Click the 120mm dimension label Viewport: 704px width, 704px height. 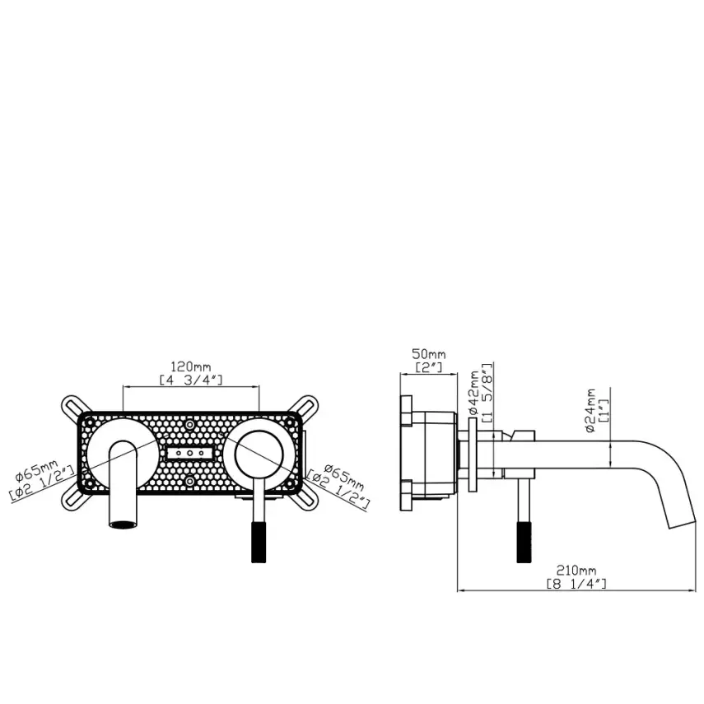pyautogui.click(x=190, y=366)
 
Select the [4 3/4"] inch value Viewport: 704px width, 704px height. pyautogui.click(x=191, y=380)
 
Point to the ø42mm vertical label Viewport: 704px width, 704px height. pyautogui.click(x=475, y=393)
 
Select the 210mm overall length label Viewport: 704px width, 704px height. pyautogui.click(x=576, y=570)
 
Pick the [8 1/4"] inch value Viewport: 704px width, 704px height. pyautogui.click(x=576, y=583)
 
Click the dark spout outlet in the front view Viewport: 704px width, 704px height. pyautogui.click(x=123, y=523)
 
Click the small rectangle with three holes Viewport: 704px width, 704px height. pyautogui.click(x=190, y=454)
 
